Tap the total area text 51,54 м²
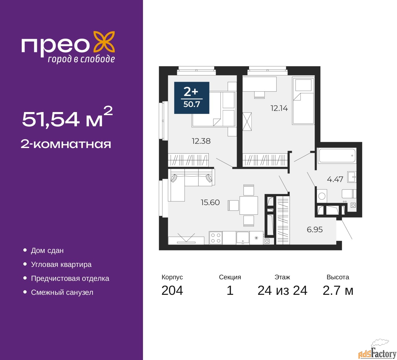(x=67, y=117)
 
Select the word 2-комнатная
(x=66, y=144)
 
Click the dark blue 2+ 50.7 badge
(x=192, y=98)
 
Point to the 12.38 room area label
(x=201, y=141)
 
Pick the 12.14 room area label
(x=279, y=108)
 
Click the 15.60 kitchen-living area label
(x=210, y=202)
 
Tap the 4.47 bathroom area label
(x=335, y=179)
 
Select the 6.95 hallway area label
(x=315, y=230)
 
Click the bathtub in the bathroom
(x=337, y=155)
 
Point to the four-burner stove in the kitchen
(x=216, y=238)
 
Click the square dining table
(x=248, y=205)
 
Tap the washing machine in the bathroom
(x=322, y=196)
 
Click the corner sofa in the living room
(x=191, y=184)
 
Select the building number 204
(x=172, y=290)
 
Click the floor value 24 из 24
(x=282, y=290)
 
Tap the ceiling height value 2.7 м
(x=338, y=290)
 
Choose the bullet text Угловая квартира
(x=61, y=264)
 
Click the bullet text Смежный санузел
(x=62, y=292)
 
